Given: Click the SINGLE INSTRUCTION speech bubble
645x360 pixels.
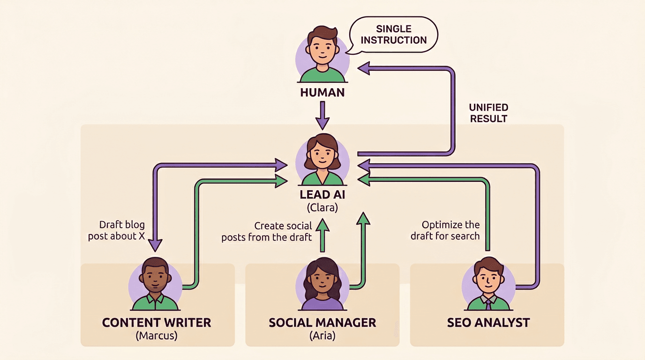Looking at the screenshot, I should pyautogui.click(x=393, y=35).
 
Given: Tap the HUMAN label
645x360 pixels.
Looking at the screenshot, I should pyautogui.click(x=322, y=92).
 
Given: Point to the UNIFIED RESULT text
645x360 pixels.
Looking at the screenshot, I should pyautogui.click(x=488, y=113).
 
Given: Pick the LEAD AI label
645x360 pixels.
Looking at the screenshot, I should pyautogui.click(x=322, y=195).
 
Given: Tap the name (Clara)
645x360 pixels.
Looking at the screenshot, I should pyautogui.click(x=322, y=207).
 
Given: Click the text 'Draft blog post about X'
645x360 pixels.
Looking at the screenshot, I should pyautogui.click(x=117, y=230).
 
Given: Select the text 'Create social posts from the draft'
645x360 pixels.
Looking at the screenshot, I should pyautogui.click(x=267, y=232).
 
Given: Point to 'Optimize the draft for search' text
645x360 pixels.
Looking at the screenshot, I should pyautogui.click(x=445, y=230).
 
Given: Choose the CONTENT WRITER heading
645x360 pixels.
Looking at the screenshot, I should pyautogui.click(x=157, y=322).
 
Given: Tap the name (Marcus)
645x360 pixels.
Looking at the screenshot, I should pyautogui.click(x=157, y=336).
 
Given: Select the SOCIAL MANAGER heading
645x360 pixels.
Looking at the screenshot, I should pyautogui.click(x=322, y=322).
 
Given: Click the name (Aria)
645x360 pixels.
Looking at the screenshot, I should pyautogui.click(x=322, y=336).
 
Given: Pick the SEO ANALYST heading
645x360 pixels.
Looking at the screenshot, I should pyautogui.click(x=488, y=322).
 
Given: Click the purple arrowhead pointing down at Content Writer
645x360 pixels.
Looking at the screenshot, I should pyautogui.click(x=155, y=244).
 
